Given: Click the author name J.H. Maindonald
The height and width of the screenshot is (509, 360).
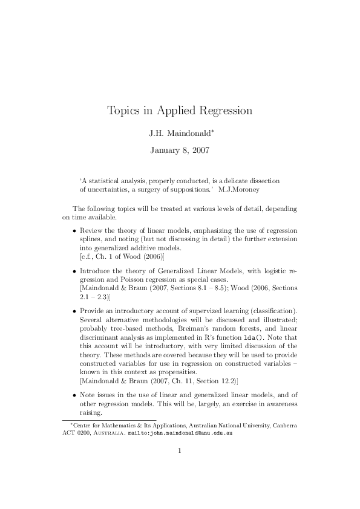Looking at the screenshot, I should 178,133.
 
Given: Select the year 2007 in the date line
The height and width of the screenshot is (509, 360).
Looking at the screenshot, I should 200,151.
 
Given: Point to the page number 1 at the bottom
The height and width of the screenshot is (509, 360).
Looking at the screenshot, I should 180,467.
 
